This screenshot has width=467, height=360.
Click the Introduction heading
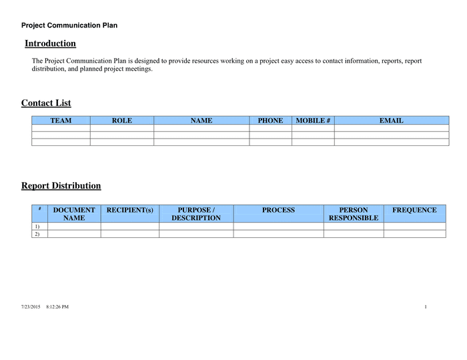coord(50,43)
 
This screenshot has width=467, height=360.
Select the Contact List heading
coord(46,103)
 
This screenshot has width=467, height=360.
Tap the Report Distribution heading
coord(61,185)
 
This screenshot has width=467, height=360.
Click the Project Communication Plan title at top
coord(69,25)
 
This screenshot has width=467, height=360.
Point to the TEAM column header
coord(61,121)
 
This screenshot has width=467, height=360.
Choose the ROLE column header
coord(122,121)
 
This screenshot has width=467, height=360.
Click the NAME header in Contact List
coord(201,121)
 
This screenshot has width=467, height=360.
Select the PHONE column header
coord(270,121)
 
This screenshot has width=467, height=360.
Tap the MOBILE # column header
coord(313,121)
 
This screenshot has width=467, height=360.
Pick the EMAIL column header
coord(391,121)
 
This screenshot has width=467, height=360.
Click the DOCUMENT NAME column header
coord(74,213)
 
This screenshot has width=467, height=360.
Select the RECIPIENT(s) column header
coord(130,210)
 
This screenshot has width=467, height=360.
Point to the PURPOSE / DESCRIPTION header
coord(196,213)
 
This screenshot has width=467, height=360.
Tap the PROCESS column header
coord(278,210)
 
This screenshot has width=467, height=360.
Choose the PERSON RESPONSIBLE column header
coord(354,213)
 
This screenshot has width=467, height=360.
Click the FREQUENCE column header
coord(414,210)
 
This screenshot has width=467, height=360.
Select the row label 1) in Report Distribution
coord(37,227)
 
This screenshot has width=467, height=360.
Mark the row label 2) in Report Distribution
coord(37,234)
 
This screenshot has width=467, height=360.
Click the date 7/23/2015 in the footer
coord(31,307)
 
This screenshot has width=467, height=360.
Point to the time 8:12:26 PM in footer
coord(57,307)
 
